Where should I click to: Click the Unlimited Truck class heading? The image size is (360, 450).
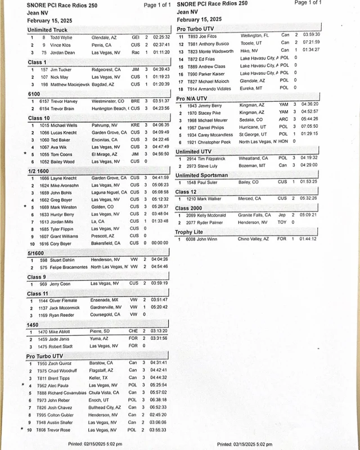coord(47,30)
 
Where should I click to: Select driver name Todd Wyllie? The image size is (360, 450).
coord(62,37)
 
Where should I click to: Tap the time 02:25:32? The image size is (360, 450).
coord(161,37)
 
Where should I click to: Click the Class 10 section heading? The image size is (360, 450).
coord(39,118)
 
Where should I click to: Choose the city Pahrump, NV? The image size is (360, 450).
coord(107,125)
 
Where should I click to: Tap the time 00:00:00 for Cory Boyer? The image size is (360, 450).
coord(159,244)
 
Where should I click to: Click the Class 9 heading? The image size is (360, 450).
coord(37,277)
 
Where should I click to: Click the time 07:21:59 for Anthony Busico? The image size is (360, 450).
coord(311,42)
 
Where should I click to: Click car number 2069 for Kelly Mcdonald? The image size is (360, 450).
coord(191,215)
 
